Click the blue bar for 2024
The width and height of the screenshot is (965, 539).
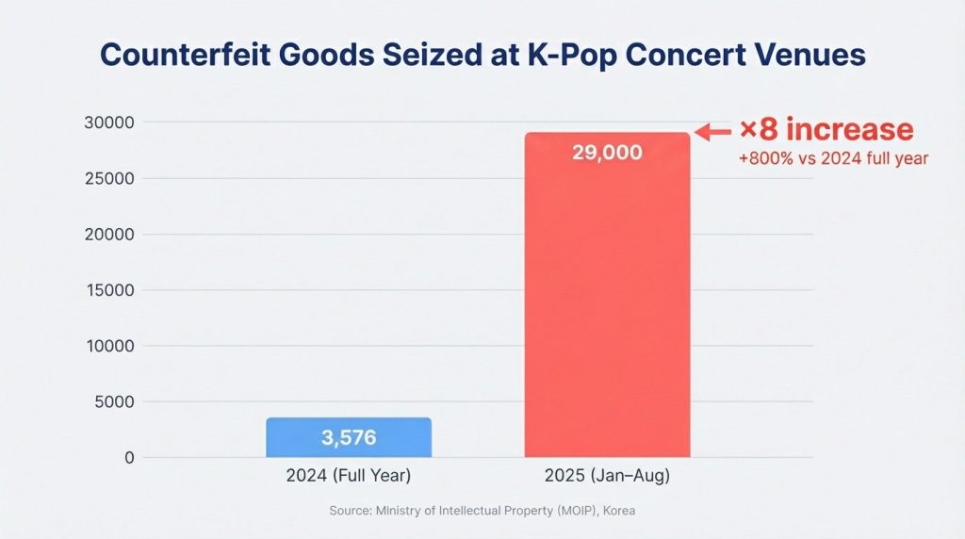[349, 438]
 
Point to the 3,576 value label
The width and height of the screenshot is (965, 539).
[349, 438]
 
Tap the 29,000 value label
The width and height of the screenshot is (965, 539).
[607, 152]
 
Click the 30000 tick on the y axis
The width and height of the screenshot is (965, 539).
[109, 122]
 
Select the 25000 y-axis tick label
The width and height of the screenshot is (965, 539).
[109, 178]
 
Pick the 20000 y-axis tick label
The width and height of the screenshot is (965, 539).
[109, 235]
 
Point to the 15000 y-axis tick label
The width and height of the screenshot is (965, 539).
[109, 290]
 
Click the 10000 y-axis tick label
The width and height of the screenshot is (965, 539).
[109, 346]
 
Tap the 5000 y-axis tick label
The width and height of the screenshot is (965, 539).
[114, 402]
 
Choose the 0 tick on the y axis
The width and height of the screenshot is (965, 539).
[128, 458]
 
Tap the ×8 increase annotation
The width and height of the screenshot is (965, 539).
[826, 130]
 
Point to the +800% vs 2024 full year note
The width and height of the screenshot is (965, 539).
[833, 158]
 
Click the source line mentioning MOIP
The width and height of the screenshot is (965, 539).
[482, 510]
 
